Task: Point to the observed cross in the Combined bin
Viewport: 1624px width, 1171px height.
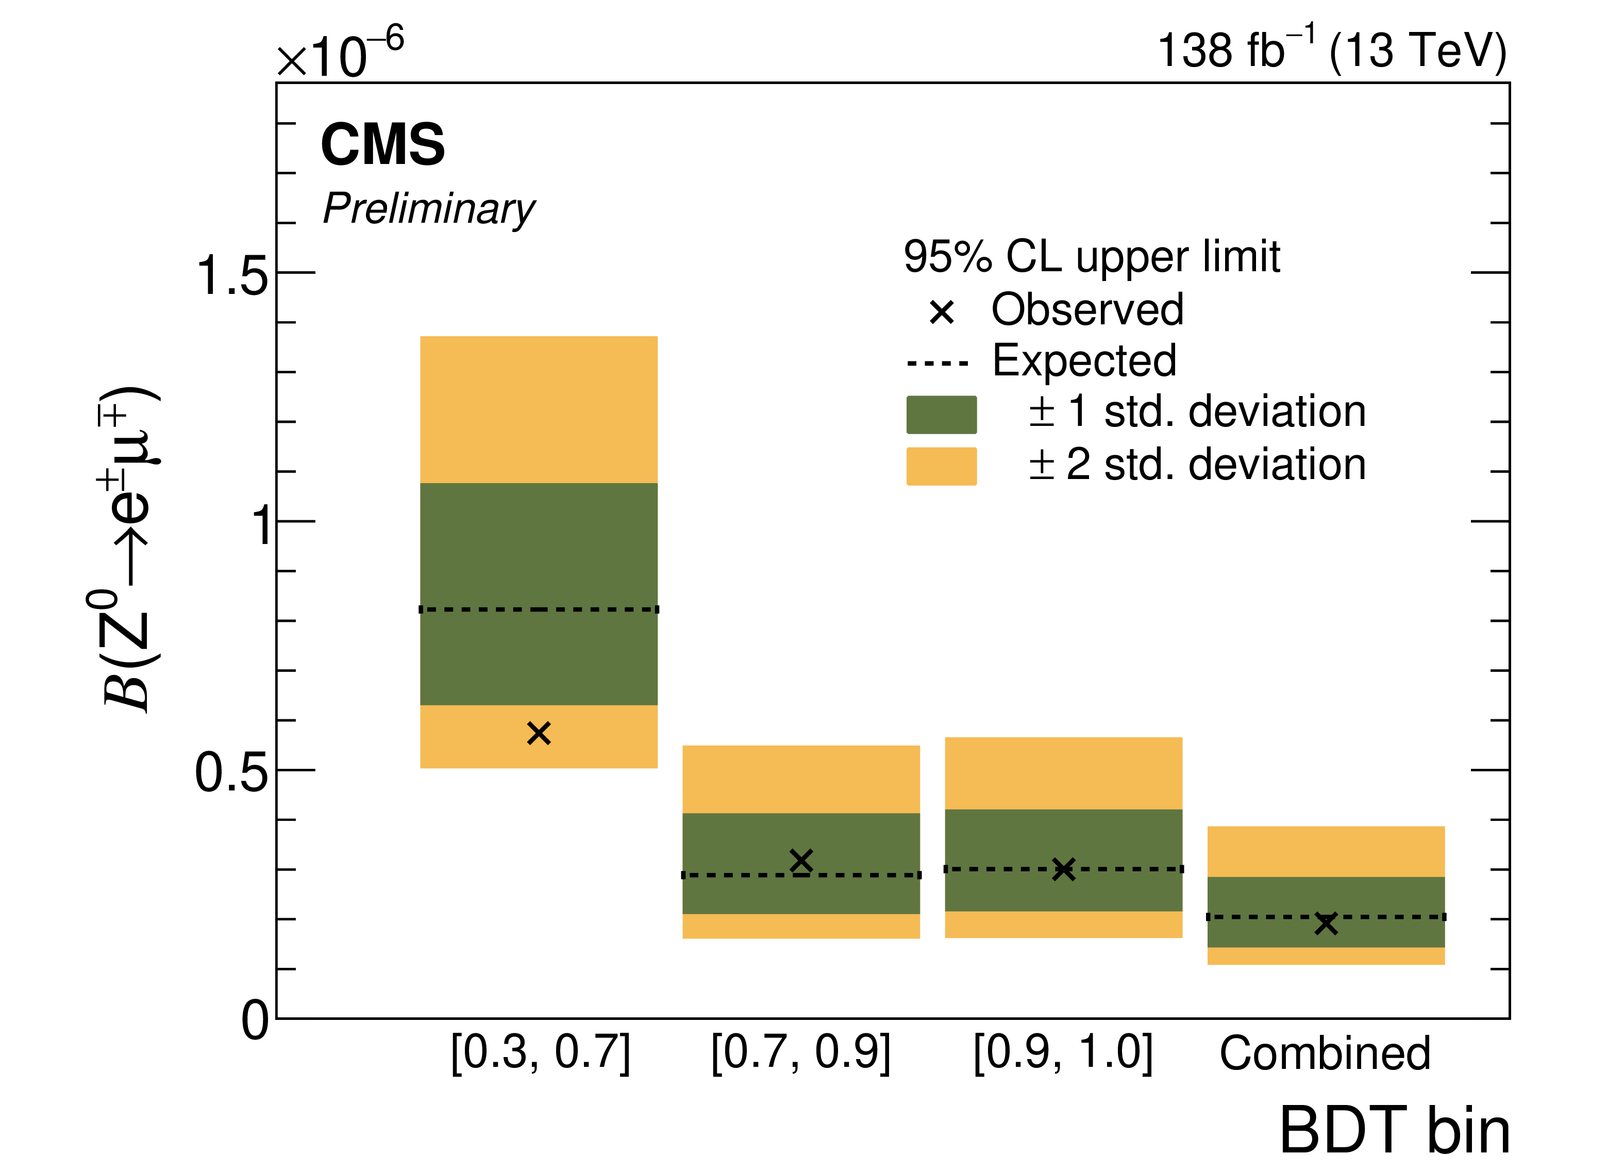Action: (x=1326, y=923)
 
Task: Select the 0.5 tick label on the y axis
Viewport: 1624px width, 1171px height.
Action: (x=231, y=773)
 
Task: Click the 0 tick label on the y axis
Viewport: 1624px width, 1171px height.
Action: (x=254, y=1020)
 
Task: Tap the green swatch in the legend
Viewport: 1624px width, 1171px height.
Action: (x=941, y=415)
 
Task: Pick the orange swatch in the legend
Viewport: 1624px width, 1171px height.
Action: (x=941, y=466)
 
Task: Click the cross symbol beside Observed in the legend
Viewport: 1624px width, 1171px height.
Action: (x=942, y=311)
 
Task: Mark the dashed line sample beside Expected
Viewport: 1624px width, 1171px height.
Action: (x=937, y=363)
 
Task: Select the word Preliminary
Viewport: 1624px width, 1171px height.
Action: (x=429, y=209)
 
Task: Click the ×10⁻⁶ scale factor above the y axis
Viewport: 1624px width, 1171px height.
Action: (x=340, y=54)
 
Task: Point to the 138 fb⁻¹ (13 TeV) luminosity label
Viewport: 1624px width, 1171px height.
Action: (x=1332, y=50)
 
